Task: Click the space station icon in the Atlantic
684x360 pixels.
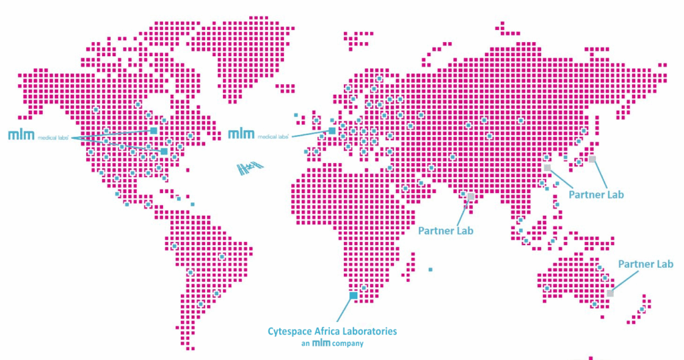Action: pos(250,167)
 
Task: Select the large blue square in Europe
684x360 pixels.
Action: pos(332,131)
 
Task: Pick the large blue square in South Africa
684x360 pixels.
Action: pos(353,295)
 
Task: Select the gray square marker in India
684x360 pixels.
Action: pos(471,196)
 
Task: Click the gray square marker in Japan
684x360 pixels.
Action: pos(592,159)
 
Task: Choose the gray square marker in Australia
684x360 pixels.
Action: pos(610,293)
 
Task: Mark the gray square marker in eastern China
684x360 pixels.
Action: pos(547,168)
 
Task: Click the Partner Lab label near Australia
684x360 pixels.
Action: pos(645,264)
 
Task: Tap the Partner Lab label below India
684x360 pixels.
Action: pos(446,231)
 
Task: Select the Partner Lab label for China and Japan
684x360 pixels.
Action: pos(596,195)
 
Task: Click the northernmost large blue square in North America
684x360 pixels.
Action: pos(154,130)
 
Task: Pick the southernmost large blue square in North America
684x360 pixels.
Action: pos(164,152)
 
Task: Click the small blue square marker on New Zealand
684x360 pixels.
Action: pos(642,309)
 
